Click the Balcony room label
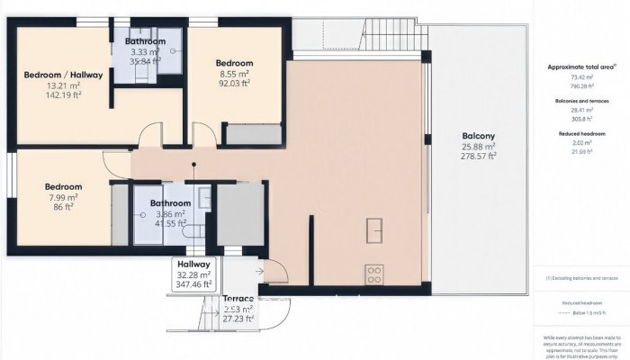point(479,136)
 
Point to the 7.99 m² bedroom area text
point(63,197)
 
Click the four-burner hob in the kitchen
point(374,271)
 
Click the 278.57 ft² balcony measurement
point(479,157)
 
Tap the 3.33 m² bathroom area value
point(144,52)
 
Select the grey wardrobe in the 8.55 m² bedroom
point(253,135)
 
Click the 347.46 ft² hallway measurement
point(194,284)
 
